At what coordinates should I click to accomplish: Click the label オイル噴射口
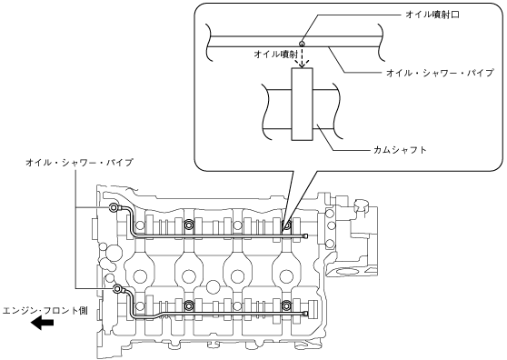coord(432,15)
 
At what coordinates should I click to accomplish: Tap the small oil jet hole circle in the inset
coord(302,43)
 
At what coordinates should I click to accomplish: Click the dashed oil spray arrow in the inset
coord(302,57)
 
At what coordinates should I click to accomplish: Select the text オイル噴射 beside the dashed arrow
coord(275,55)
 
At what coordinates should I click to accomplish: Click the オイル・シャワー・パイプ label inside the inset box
coord(440,73)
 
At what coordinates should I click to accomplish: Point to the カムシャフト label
coord(400,150)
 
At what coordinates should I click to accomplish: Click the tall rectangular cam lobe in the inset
coord(302,105)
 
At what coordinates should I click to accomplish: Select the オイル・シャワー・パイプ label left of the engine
coord(79,163)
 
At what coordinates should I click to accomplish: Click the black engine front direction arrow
coord(43,323)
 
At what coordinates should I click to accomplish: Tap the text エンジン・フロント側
coord(45,311)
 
